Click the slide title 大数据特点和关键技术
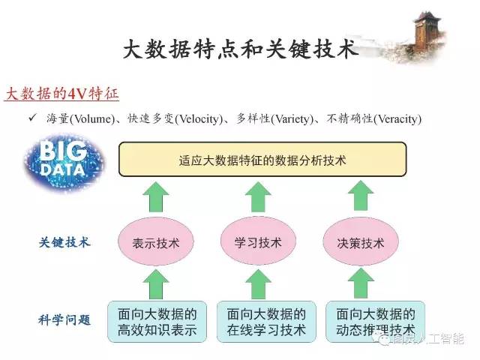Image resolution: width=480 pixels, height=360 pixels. point(240,51)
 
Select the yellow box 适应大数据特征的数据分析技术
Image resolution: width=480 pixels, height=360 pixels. point(262,160)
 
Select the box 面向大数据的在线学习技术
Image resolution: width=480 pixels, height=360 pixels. point(266,321)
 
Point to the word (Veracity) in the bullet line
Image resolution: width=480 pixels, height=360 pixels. point(397,119)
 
